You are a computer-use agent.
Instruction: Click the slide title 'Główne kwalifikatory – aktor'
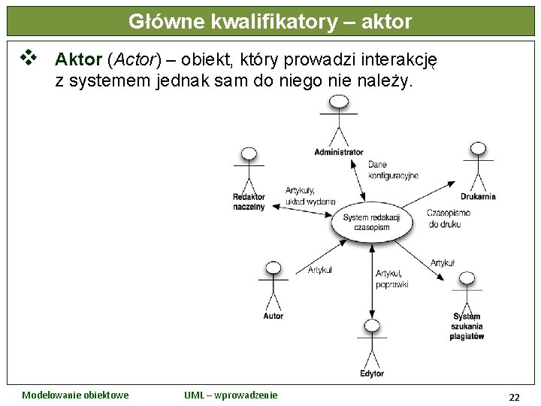[270, 22]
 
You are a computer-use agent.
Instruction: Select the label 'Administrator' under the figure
[339, 153]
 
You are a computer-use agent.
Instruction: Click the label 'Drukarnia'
[478, 197]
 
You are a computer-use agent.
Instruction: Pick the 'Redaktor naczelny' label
[249, 201]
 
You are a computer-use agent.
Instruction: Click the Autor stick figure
[273, 286]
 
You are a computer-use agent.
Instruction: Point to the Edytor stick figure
[372, 343]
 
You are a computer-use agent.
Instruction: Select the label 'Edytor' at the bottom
[372, 374]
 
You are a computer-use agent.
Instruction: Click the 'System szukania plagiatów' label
[467, 326]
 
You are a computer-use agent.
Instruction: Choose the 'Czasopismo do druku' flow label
[449, 218]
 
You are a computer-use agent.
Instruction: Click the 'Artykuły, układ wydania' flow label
[310, 196]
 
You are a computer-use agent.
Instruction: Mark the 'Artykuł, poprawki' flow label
[391, 279]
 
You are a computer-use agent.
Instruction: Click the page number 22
[514, 397]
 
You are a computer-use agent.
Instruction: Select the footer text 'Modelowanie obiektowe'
[75, 395]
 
